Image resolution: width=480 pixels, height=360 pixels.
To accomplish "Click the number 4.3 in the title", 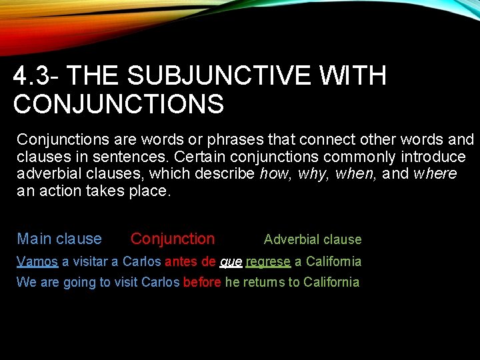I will click(31, 77).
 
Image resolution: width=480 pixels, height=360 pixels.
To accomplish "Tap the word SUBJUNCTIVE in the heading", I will click(218, 77).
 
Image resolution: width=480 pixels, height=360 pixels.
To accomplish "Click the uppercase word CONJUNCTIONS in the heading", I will click(118, 105).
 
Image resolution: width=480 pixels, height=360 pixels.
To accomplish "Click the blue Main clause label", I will click(59, 239).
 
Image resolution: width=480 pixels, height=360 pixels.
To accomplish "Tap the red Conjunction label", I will click(173, 239).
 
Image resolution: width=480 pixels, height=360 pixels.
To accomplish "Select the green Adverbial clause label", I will click(313, 239).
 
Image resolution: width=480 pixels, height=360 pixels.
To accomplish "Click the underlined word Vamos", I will click(37, 261).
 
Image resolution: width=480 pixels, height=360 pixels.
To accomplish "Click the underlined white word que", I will click(231, 262).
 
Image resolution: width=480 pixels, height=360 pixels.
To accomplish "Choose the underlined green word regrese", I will click(268, 262).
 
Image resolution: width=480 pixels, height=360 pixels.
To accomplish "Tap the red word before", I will click(202, 282).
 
